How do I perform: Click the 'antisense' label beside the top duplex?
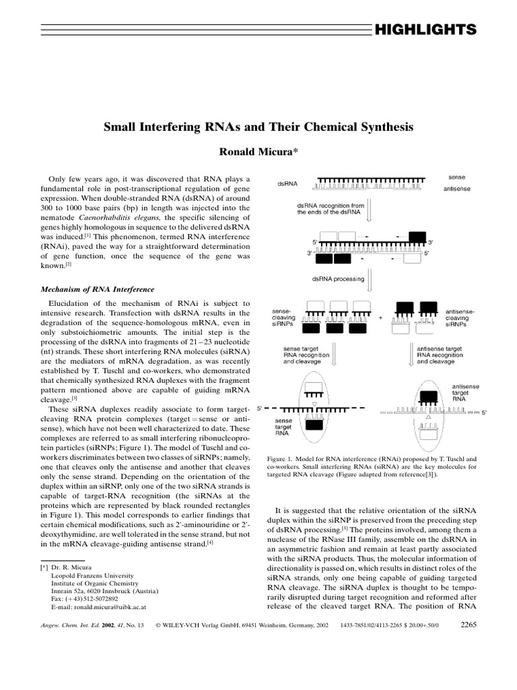457,189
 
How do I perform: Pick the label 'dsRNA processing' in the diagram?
337,278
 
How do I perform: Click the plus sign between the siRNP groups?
380,317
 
